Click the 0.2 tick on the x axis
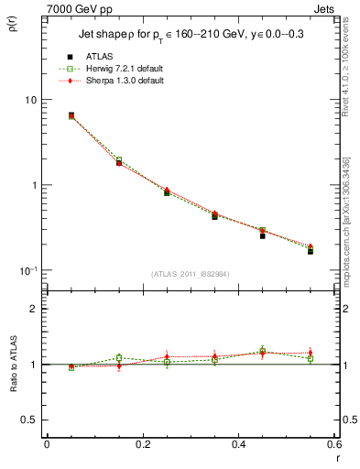pyautogui.click(x=143, y=444)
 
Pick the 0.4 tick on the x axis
pyautogui.click(x=238, y=444)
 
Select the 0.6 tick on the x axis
pyautogui.click(x=334, y=444)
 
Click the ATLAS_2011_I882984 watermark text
pyautogui.click(x=190, y=274)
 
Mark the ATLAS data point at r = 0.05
pyautogui.click(x=71, y=115)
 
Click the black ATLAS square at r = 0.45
pyautogui.click(x=262, y=235)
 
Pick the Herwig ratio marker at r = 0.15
pyautogui.click(x=119, y=357)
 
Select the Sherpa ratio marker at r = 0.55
pyautogui.click(x=311, y=352)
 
